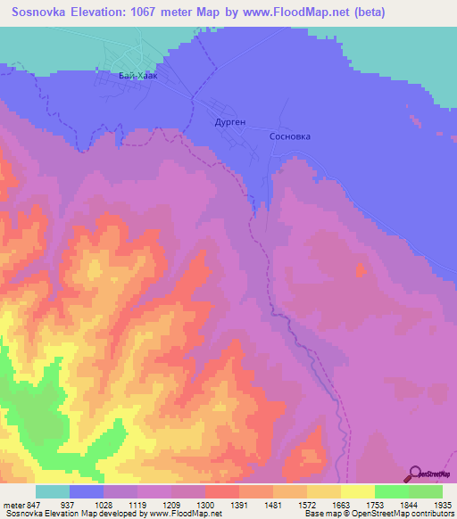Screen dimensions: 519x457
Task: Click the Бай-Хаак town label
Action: click(137, 77)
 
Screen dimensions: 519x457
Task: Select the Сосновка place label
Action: click(290, 137)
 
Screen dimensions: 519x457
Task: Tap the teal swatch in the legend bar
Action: click(53, 491)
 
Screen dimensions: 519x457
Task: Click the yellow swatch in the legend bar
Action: click(357, 491)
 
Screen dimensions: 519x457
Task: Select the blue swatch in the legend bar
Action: click(87, 491)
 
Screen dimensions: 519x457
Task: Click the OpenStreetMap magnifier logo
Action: click(415, 474)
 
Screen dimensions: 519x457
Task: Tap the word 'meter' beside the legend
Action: click(12, 504)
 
